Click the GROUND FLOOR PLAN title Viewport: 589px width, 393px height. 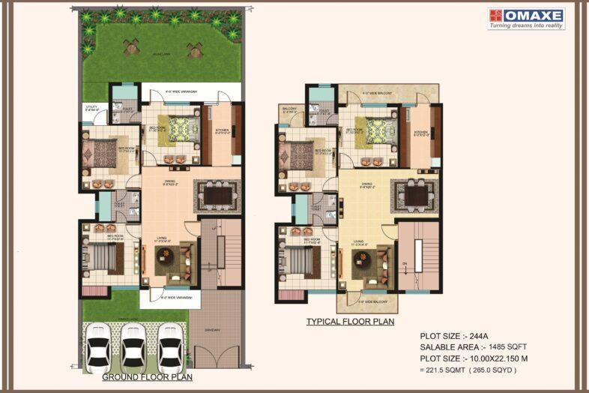[x=147, y=377]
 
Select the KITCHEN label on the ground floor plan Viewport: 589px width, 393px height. [x=222, y=130]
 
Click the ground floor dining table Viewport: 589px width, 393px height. [x=217, y=195]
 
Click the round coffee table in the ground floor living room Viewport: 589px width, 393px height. [x=165, y=256]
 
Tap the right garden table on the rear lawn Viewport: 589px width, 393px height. [x=196, y=49]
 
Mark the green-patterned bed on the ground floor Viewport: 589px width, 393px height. [x=180, y=129]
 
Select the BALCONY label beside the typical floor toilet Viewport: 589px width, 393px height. [x=290, y=110]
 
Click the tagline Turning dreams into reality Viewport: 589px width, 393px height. [x=526, y=25]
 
